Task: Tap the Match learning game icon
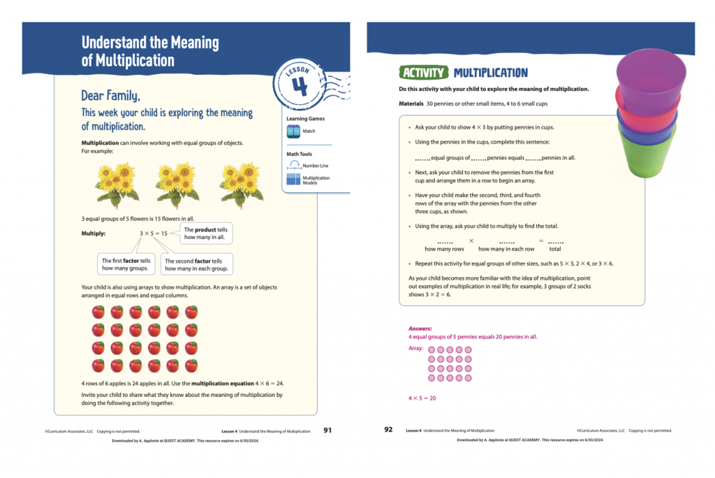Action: click(x=293, y=131)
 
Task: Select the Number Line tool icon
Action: click(x=293, y=166)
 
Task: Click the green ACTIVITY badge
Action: click(x=423, y=73)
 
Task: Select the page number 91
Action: click(x=327, y=430)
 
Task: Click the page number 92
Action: click(x=388, y=430)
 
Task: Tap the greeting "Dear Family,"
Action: click(x=115, y=96)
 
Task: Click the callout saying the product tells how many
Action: click(x=206, y=233)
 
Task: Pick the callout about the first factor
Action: click(x=126, y=264)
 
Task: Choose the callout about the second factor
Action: click(x=196, y=264)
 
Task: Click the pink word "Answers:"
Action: click(x=420, y=328)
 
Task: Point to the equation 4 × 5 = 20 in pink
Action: click(x=422, y=398)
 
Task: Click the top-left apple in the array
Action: click(x=98, y=312)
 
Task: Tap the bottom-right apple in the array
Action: click(x=191, y=365)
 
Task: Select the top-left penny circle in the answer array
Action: click(x=432, y=350)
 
